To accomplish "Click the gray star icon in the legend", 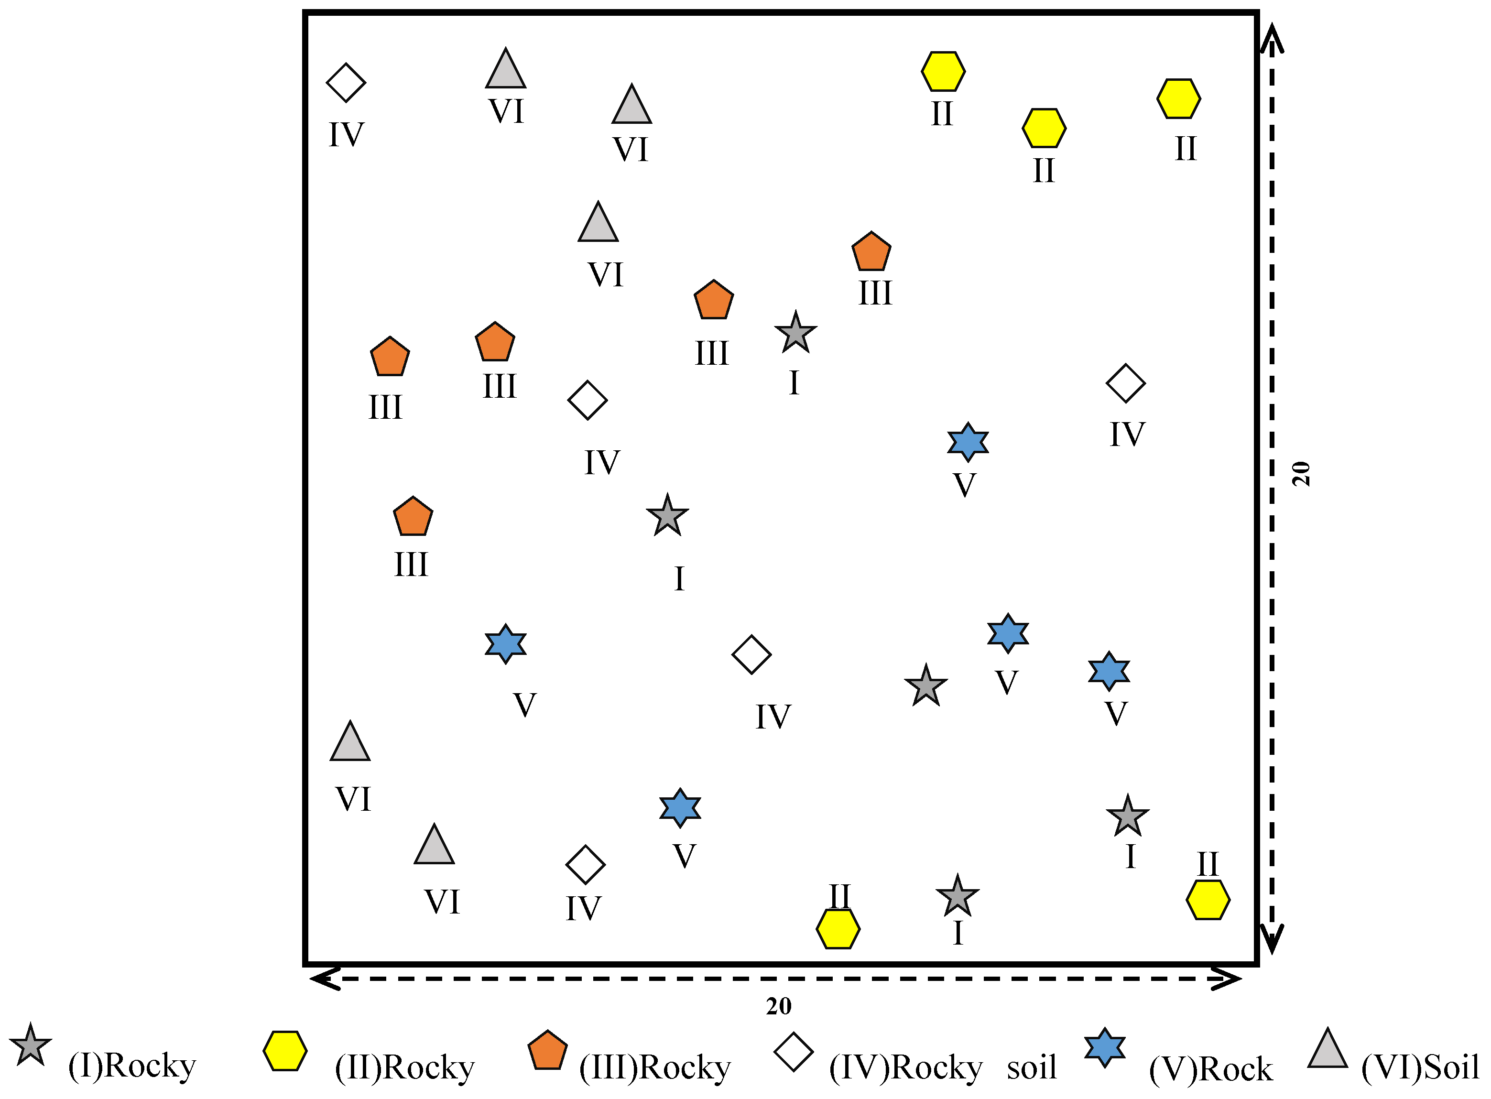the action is pos(31,1045).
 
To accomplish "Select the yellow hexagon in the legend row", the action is pos(285,1051).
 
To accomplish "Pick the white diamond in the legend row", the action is pos(793,1052).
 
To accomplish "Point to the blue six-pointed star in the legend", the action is pos(1104,1048).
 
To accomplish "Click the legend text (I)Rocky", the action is pos(132,1066).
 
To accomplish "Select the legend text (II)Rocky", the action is pos(404,1067).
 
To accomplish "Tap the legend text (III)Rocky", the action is pos(655,1067).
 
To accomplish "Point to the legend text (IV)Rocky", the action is pos(905,1067).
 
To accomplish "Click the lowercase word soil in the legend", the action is pos(1031,1067).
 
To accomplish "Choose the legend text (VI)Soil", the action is pos(1420,1067).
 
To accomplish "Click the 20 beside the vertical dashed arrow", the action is pos(1301,474).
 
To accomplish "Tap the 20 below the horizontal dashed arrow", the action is pos(778,1006).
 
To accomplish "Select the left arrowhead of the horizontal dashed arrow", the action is pos(323,979).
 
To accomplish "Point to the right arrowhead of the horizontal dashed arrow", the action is pos(1228,979).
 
